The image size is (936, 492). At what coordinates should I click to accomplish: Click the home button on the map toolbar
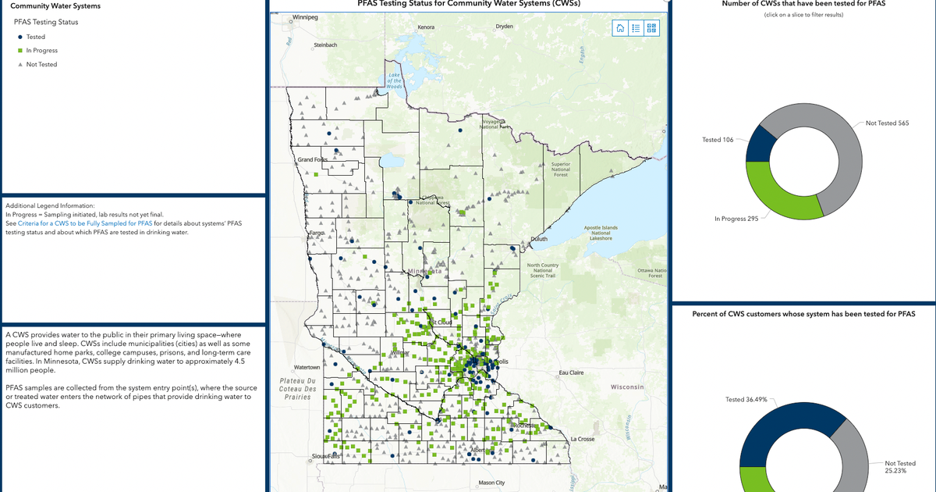click(x=620, y=28)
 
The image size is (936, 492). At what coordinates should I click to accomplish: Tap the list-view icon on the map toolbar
click(x=636, y=28)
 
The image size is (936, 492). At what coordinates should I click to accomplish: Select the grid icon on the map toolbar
click(x=652, y=28)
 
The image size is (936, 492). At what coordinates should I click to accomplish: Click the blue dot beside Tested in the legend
click(x=19, y=37)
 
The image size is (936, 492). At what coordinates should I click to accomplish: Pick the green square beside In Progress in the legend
click(x=19, y=51)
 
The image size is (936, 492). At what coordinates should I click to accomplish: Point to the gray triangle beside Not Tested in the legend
click(x=19, y=65)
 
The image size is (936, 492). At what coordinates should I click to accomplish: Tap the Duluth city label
click(x=539, y=239)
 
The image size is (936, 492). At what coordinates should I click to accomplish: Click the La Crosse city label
click(x=583, y=439)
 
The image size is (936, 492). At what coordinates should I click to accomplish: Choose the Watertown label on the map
click(x=307, y=367)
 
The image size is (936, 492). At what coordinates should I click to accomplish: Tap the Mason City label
click(x=491, y=483)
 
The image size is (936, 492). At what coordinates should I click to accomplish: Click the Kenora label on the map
click(x=426, y=27)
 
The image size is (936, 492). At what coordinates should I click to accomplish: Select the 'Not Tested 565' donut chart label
click(x=887, y=123)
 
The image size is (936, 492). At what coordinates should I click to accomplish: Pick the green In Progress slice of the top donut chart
click(x=780, y=195)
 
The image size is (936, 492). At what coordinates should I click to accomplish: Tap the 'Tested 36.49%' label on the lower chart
click(x=746, y=399)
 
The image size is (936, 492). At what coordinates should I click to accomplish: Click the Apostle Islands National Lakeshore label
click(x=601, y=233)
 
